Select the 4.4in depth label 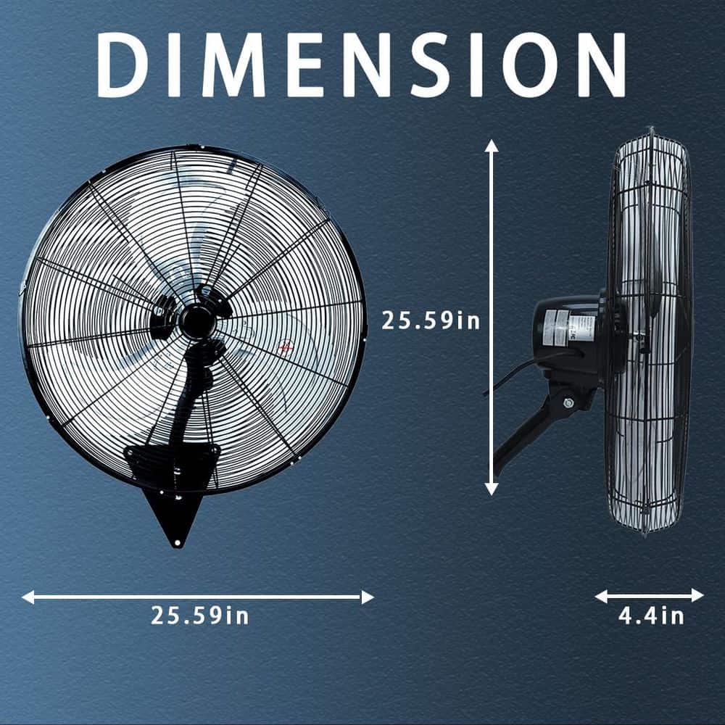(651, 616)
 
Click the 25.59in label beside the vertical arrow (431, 320)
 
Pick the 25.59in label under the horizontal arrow (200, 616)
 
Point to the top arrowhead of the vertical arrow (491, 146)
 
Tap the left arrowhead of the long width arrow (28, 597)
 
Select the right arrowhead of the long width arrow (368, 597)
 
